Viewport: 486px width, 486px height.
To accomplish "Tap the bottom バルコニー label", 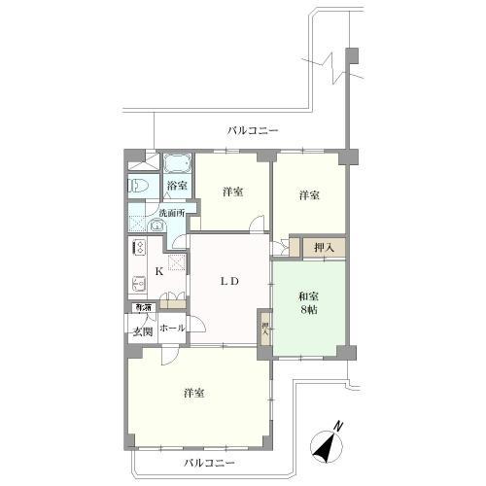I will pyautogui.click(x=205, y=463).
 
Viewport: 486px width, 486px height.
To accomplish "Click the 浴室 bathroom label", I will pyautogui.click(x=176, y=185).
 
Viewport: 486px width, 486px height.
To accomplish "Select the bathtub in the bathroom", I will pyautogui.click(x=176, y=163).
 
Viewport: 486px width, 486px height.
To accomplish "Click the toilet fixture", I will pyautogui.click(x=137, y=184).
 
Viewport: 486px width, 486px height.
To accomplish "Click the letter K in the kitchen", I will pyautogui.click(x=159, y=272).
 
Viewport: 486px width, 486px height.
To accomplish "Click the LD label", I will pyautogui.click(x=229, y=281).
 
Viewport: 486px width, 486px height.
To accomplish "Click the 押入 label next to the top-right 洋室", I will pyautogui.click(x=324, y=249).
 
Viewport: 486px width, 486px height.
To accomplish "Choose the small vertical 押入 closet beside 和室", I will pyautogui.click(x=264, y=325).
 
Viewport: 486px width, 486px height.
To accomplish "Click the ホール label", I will pyautogui.click(x=172, y=330).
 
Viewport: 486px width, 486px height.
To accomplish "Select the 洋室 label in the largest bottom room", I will pyautogui.click(x=194, y=394).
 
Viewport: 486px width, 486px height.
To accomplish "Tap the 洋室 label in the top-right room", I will pyautogui.click(x=309, y=194).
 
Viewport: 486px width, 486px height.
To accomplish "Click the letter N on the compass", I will pyautogui.click(x=337, y=425).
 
